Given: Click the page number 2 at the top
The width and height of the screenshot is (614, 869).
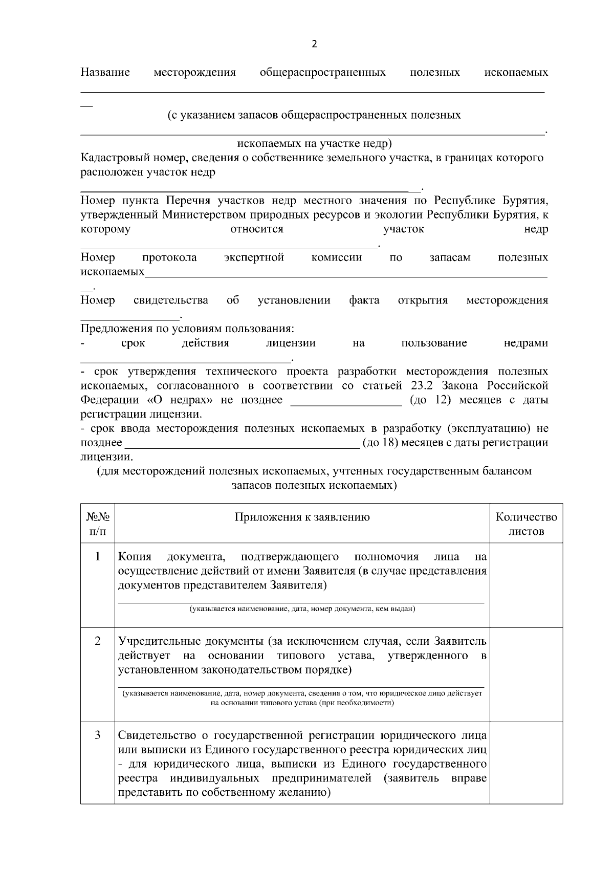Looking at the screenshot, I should (x=314, y=44).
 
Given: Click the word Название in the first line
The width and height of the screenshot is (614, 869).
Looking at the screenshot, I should (x=105, y=72).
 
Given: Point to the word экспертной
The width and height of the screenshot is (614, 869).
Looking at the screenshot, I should (x=254, y=257).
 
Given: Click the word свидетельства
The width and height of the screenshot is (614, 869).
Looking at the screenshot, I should (x=170, y=300).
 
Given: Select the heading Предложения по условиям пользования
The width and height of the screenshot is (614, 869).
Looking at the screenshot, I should (x=187, y=329).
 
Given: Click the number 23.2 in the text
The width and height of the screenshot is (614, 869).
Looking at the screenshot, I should (x=423, y=385).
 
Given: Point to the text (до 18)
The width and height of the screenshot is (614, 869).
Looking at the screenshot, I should (x=380, y=442).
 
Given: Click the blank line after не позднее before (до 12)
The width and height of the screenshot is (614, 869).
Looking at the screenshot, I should (x=346, y=401).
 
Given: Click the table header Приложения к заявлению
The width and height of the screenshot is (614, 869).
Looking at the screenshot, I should (x=302, y=517).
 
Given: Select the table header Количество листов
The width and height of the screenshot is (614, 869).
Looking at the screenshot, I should (x=526, y=524).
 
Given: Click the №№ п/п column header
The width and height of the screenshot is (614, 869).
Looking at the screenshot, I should (x=97, y=524).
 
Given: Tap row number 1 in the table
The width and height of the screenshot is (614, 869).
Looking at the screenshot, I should (x=97, y=556).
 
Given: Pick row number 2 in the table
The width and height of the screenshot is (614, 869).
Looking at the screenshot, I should (x=97, y=641).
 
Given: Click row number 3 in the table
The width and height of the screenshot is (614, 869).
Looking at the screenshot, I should (x=97, y=735).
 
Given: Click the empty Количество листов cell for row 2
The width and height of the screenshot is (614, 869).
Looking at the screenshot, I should (x=526, y=673).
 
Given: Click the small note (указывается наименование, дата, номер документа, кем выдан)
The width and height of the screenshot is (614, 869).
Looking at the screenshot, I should (x=302, y=609).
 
